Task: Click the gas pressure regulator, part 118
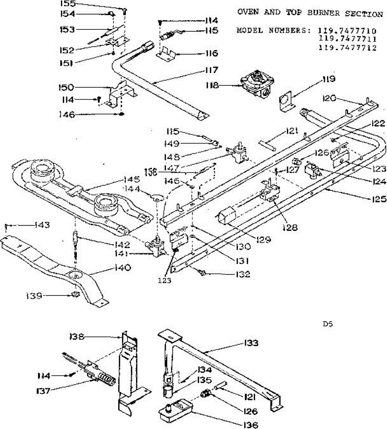(257, 85)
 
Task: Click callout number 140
(122, 267)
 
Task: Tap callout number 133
(251, 343)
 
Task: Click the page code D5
(328, 324)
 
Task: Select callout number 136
(250, 425)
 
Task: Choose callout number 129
(263, 239)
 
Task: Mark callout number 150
(66, 87)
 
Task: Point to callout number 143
(42, 225)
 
